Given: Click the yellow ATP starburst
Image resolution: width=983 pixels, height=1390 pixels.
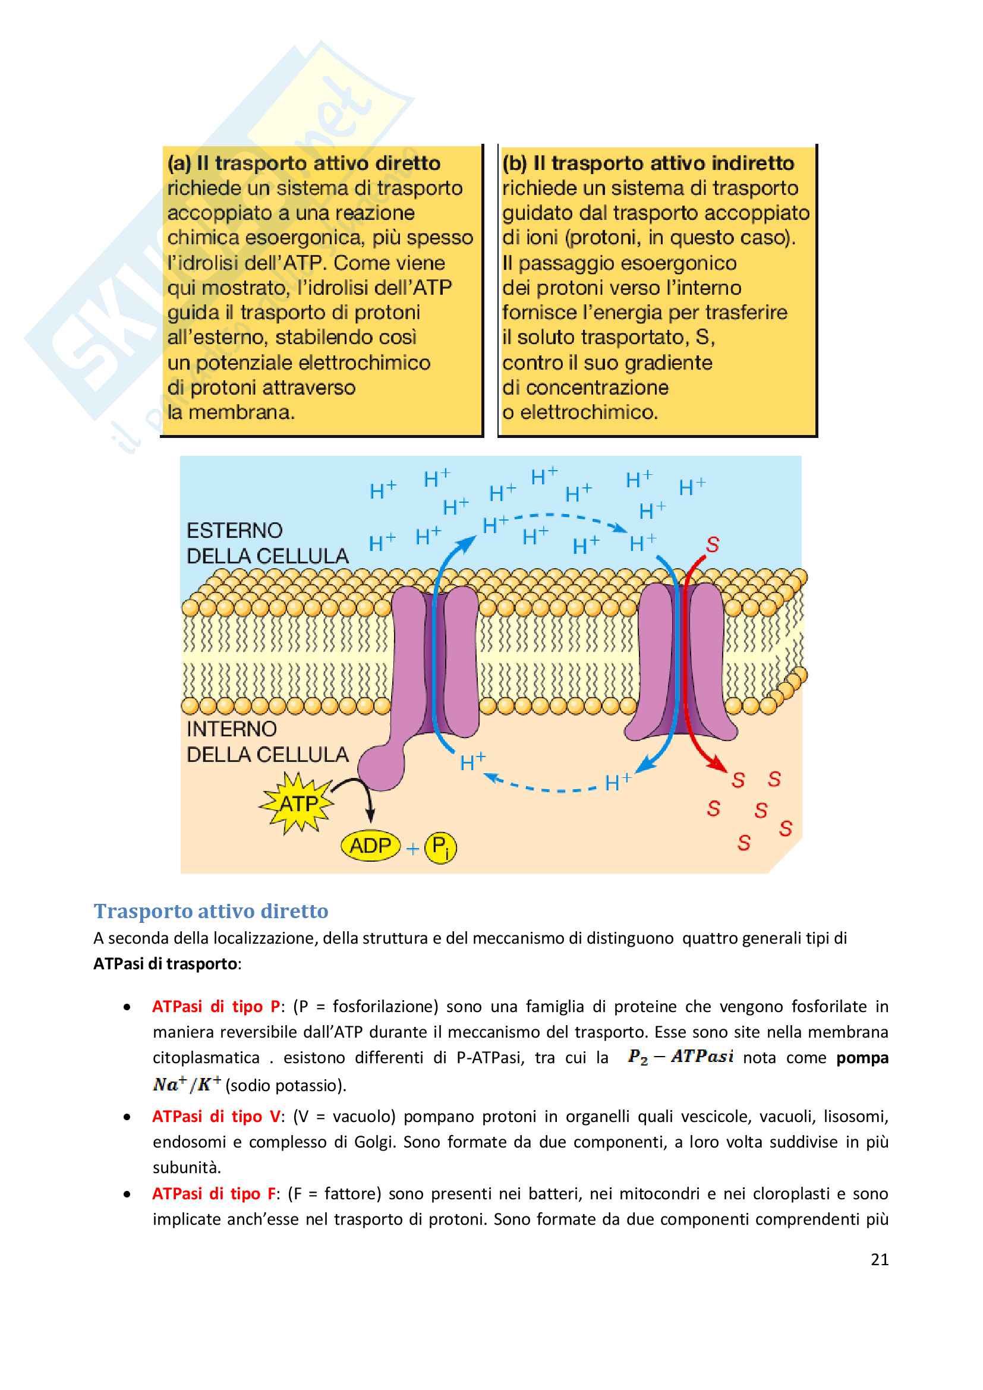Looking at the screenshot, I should [297, 803].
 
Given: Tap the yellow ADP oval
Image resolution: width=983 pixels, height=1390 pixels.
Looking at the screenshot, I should [370, 845].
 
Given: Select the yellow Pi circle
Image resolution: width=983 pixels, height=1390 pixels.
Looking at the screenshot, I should [440, 847].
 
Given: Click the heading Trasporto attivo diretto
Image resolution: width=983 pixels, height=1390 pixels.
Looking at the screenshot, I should [210, 910].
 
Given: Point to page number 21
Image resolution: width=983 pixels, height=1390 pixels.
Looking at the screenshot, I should [879, 1259].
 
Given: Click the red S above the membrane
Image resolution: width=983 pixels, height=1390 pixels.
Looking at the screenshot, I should [713, 545].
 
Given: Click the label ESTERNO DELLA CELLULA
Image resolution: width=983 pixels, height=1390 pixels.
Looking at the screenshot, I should [267, 543].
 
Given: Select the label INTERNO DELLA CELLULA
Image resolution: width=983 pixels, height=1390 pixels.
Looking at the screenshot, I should [267, 742].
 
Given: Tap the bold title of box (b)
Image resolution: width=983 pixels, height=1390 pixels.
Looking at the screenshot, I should [648, 163].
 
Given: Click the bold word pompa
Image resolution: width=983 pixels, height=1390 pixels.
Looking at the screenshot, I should [862, 1058].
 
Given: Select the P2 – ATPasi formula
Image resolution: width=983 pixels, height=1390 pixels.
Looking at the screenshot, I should [680, 1057].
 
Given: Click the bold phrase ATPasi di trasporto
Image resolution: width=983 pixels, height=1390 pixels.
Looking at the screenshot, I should [165, 963].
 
